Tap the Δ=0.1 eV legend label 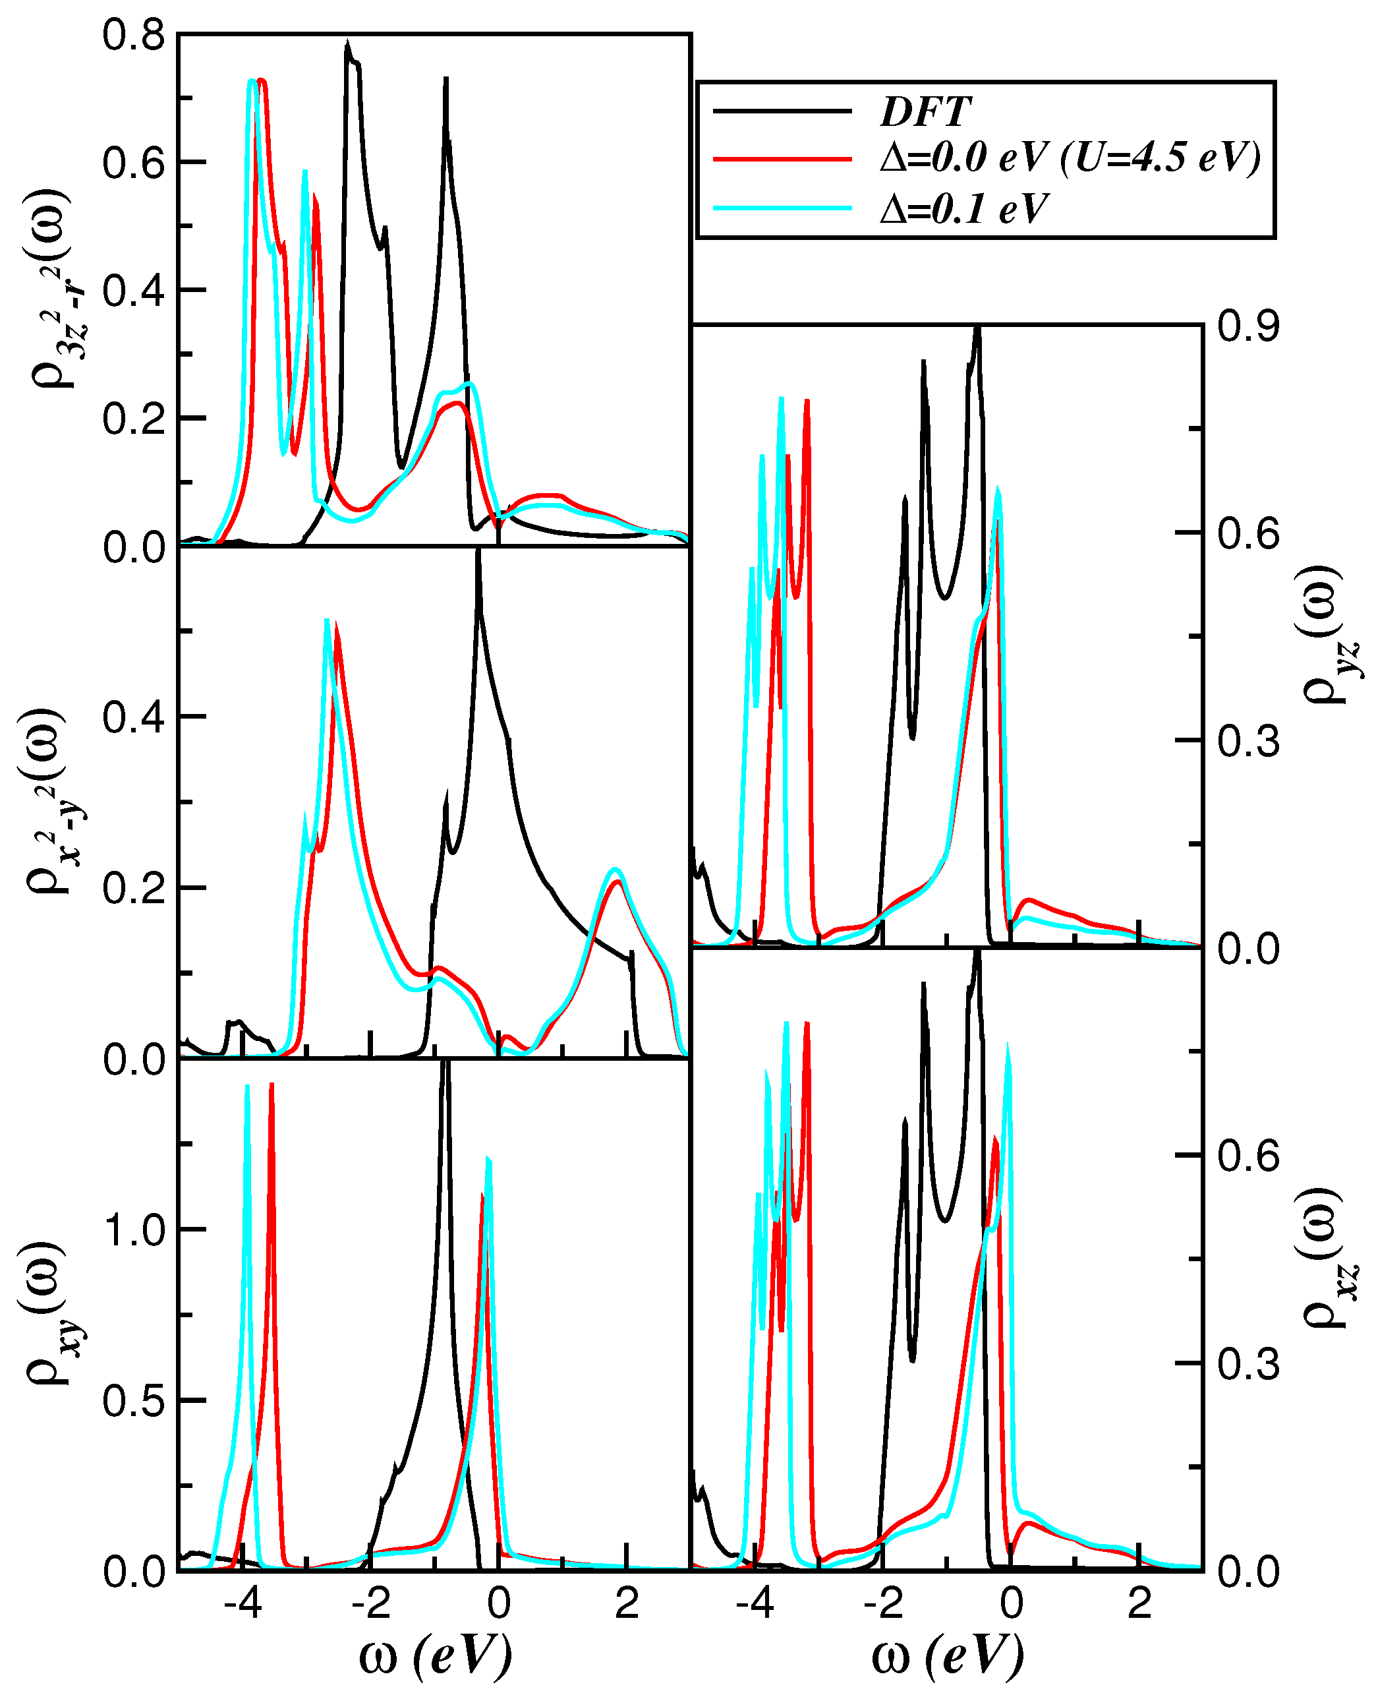pos(964,208)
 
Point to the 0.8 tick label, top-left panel pos(133,36)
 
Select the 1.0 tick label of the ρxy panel pos(133,1231)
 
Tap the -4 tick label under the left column pos(242,1605)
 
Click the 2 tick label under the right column pos(1140,1605)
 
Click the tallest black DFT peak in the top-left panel pos(347,44)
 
